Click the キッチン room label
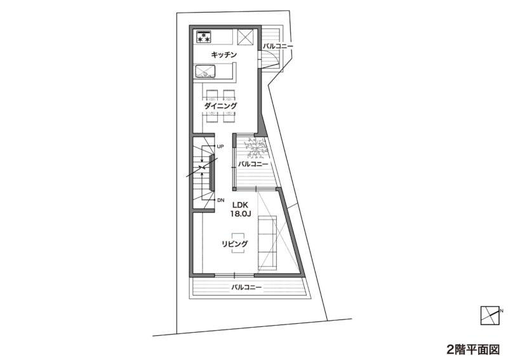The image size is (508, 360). (224, 55)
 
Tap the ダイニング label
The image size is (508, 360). (220, 105)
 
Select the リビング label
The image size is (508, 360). (235, 244)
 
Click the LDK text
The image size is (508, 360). (240, 205)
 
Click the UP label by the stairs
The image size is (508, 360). (220, 147)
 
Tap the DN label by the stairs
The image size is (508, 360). (220, 200)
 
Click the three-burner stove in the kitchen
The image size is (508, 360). (204, 37)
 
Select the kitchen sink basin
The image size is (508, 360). (204, 71)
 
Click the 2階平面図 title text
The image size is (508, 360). (473, 350)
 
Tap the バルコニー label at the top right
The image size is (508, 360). (277, 46)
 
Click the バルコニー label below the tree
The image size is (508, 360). (253, 164)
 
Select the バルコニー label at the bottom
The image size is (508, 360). (246, 287)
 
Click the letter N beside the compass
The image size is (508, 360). (502, 311)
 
